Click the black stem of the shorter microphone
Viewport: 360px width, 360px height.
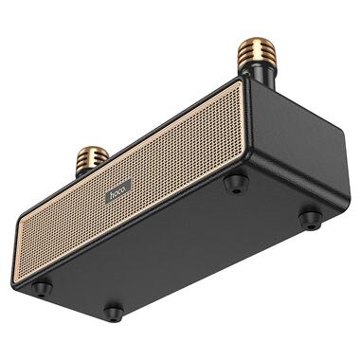click(87, 172)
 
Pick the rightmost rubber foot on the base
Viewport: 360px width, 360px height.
click(309, 219)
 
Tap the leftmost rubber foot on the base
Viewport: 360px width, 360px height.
click(43, 286)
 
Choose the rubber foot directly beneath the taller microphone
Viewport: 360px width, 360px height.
click(236, 184)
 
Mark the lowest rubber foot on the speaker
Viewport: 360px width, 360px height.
click(114, 310)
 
